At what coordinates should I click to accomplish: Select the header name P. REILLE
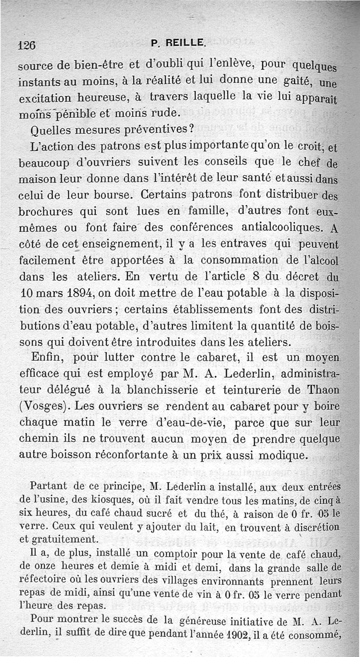click(x=179, y=44)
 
